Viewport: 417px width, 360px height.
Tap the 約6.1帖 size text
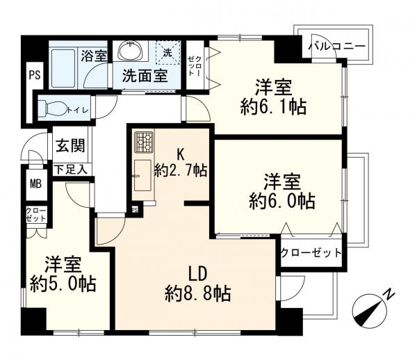272,108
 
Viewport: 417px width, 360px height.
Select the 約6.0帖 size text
282,202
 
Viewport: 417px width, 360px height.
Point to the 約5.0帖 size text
63,284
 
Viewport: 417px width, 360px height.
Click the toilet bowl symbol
51,108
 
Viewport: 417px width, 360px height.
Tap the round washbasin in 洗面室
130,51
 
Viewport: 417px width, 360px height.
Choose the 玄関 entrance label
69,147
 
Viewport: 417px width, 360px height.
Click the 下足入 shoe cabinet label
70,169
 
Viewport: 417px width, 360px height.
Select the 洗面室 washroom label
145,76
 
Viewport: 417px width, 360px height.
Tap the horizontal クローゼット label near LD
312,252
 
